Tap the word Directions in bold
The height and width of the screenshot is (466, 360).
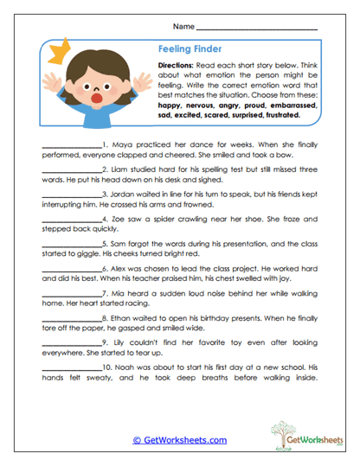pos(178,67)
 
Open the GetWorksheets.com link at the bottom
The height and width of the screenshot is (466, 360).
pos(179,440)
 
